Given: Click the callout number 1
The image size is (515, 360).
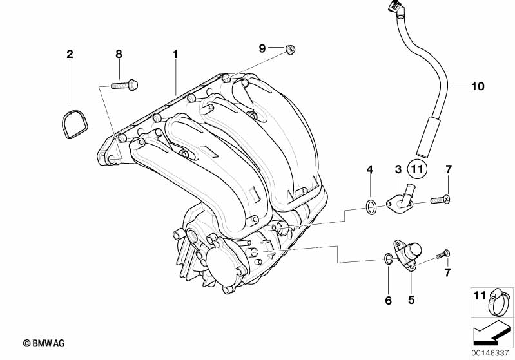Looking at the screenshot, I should pyautogui.click(x=174, y=54).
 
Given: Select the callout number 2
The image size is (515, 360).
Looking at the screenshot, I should pyautogui.click(x=70, y=54).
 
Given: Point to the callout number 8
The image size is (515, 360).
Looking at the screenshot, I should pyautogui.click(x=119, y=54).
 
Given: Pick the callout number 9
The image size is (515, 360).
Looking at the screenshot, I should pyautogui.click(x=262, y=48).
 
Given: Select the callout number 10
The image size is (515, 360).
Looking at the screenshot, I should pyautogui.click(x=477, y=86).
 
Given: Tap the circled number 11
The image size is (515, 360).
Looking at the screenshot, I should pyautogui.click(x=417, y=170).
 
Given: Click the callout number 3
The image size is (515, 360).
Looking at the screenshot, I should pyautogui.click(x=398, y=169).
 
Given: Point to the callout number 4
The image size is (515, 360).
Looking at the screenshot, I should pyautogui.click(x=370, y=169).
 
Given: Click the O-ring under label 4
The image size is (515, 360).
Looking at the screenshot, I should pyautogui.click(x=370, y=207).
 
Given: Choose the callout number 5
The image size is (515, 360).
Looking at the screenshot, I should pyautogui.click(x=411, y=299).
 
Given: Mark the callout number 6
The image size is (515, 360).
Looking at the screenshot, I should pyautogui.click(x=388, y=299).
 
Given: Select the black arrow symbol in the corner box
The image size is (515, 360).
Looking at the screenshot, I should pyautogui.click(x=489, y=334).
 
